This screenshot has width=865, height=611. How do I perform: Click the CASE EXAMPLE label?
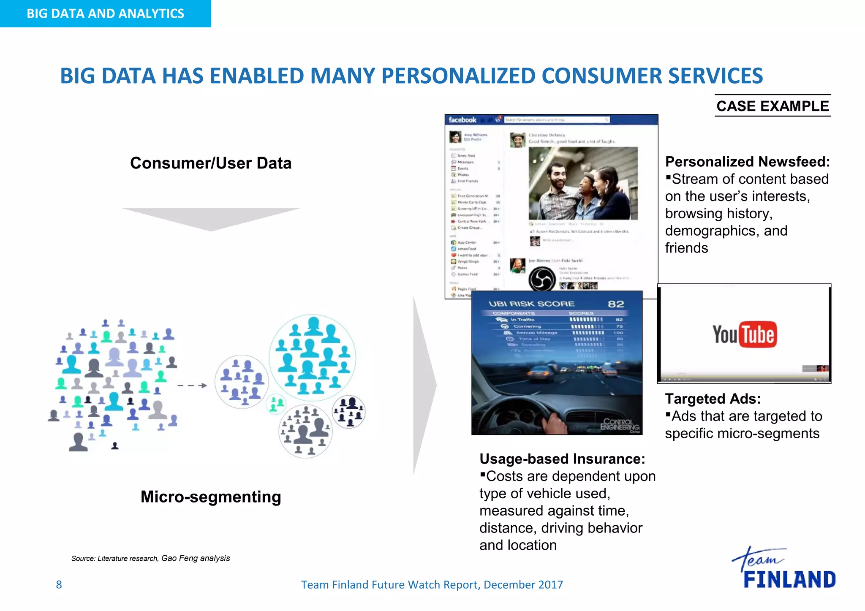pyautogui.click(x=773, y=106)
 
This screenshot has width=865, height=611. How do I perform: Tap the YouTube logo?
pyautogui.click(x=744, y=334)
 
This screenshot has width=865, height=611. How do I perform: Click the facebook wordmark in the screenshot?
pyautogui.click(x=462, y=120)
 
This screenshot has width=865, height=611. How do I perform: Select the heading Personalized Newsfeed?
pyautogui.click(x=747, y=162)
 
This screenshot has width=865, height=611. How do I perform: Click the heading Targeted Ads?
pyautogui.click(x=713, y=399)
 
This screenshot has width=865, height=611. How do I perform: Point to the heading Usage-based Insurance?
pyautogui.click(x=562, y=459)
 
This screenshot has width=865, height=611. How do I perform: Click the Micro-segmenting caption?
pyautogui.click(x=211, y=497)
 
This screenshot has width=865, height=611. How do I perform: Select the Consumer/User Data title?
pyautogui.click(x=211, y=163)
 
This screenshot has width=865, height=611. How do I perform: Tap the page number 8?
pyautogui.click(x=59, y=584)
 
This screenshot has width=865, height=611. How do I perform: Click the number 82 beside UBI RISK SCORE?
pyautogui.click(x=615, y=304)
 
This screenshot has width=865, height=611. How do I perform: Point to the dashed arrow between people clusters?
pyautogui.click(x=192, y=386)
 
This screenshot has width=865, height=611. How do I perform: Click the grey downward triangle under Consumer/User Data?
pyautogui.click(x=211, y=218)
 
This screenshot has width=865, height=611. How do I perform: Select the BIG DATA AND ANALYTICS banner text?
pyautogui.click(x=105, y=14)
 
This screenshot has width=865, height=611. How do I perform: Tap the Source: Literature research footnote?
pyautogui.click(x=150, y=558)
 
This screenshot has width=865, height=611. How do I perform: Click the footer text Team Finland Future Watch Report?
pyautogui.click(x=431, y=584)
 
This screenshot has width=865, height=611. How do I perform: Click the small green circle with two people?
pyautogui.click(x=276, y=404)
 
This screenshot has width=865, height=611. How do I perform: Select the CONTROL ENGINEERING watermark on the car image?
pyautogui.click(x=620, y=424)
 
